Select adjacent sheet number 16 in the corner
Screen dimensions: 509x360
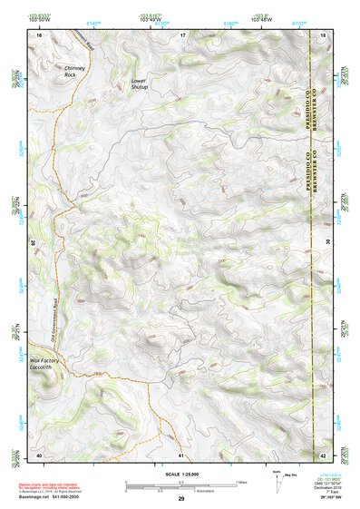tap(39, 34)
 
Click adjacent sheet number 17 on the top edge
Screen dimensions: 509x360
tap(181, 34)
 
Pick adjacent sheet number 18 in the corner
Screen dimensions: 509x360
tap(324, 34)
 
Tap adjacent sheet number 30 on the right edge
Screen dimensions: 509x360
tap(326, 242)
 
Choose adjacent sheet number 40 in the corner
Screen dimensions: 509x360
tap(39, 454)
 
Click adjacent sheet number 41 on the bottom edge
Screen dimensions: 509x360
tap(181, 454)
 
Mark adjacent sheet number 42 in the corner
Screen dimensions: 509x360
tap(324, 454)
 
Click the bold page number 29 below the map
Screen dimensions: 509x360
tap(180, 498)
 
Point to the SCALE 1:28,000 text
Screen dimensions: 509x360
tap(180, 475)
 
